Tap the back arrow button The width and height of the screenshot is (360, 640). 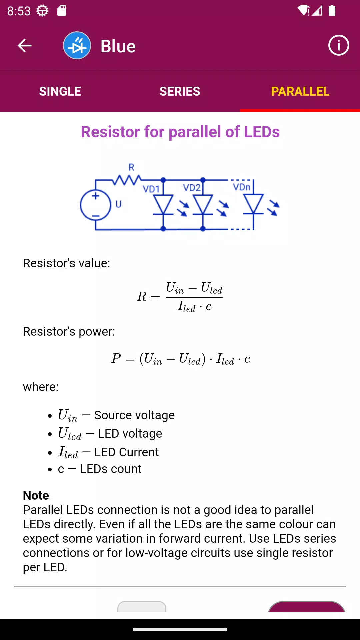pyautogui.click(x=24, y=46)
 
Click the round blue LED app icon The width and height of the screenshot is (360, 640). pyautogui.click(x=77, y=45)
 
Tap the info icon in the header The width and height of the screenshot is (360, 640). pyautogui.click(x=339, y=45)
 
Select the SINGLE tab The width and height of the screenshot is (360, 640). pyautogui.click(x=60, y=91)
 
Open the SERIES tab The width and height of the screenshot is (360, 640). pyautogui.click(x=180, y=91)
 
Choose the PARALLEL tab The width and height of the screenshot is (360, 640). pyautogui.click(x=300, y=91)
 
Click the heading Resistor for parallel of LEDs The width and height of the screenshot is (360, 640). pyautogui.click(x=180, y=132)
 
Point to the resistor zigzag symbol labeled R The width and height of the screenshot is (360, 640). pyautogui.click(x=127, y=180)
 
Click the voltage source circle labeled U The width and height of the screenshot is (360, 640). pyautogui.click(x=95, y=205)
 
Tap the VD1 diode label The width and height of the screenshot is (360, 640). pyautogui.click(x=151, y=189)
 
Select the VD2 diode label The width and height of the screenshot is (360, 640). pyautogui.click(x=192, y=188)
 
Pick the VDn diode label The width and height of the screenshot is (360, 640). pyautogui.click(x=242, y=187)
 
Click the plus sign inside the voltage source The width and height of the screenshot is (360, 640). pyautogui.click(x=96, y=196)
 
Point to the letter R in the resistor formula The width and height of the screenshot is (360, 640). pyautogui.click(x=142, y=296)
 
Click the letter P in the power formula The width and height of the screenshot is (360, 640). pyautogui.click(x=116, y=358)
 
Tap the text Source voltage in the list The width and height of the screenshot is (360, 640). pyautogui.click(x=134, y=415)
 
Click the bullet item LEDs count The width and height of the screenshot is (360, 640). pyautogui.click(x=100, y=469)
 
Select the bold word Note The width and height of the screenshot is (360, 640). pyautogui.click(x=36, y=495)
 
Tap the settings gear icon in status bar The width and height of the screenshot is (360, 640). pyautogui.click(x=42, y=11)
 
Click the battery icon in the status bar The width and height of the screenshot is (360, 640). pyautogui.click(x=332, y=10)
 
